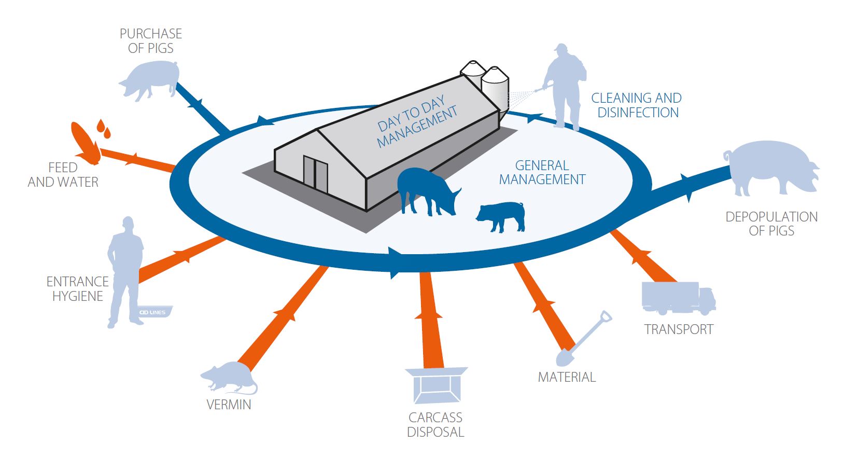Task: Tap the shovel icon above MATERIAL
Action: point(583,339)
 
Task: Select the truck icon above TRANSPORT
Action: point(678,298)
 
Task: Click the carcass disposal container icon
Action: point(435,385)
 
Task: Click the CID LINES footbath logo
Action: point(154,312)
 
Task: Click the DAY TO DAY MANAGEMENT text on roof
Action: point(417,122)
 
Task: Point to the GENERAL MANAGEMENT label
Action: point(542,173)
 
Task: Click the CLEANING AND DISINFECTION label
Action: point(637,105)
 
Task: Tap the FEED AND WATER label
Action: point(63,175)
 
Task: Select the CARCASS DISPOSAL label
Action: point(435,425)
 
